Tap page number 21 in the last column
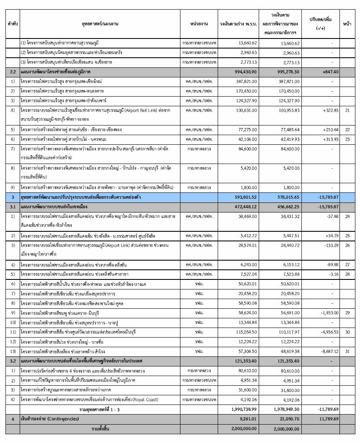coord(347,110)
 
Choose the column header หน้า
coord(347,24)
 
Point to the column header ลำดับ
coord(12,24)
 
